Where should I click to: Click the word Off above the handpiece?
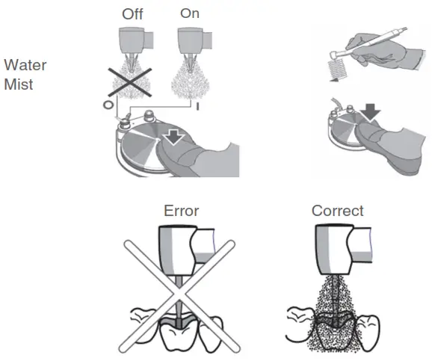tap(134, 14)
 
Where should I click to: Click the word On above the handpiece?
tap(190, 14)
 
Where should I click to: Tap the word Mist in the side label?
tap(18, 84)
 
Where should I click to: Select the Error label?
tap(182, 211)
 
